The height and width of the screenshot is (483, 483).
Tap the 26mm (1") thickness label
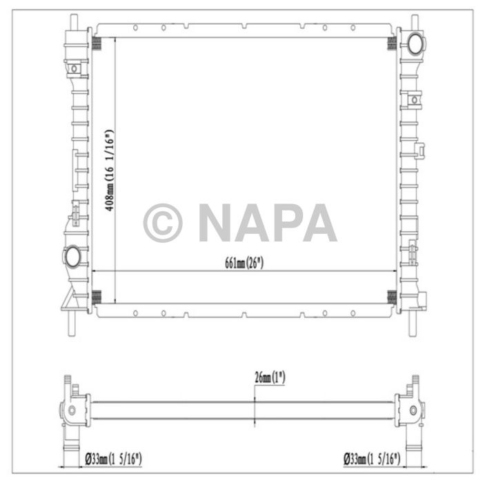tap(269, 377)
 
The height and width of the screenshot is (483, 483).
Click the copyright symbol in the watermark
tap(162, 223)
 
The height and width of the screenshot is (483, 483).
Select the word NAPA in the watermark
tap(268, 223)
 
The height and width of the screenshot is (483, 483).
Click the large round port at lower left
tap(72, 256)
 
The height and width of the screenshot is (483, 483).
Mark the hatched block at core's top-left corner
tap(98, 43)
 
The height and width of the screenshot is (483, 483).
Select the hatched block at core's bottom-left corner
tap(98, 297)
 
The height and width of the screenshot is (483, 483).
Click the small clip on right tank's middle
tap(420, 148)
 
